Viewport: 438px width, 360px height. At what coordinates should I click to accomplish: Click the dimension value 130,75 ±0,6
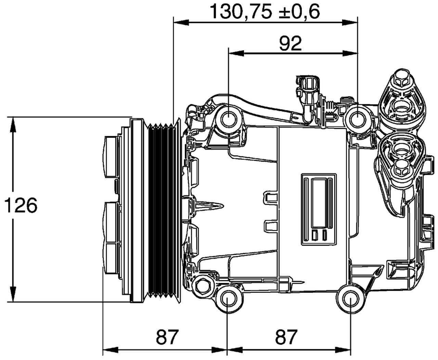(265, 11)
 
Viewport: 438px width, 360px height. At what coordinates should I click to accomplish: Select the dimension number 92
(290, 43)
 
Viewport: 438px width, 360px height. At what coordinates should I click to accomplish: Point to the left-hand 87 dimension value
(168, 337)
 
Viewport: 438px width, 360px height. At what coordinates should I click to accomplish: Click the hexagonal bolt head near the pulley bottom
(203, 286)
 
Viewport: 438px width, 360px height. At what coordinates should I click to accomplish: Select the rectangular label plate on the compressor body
(319, 209)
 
